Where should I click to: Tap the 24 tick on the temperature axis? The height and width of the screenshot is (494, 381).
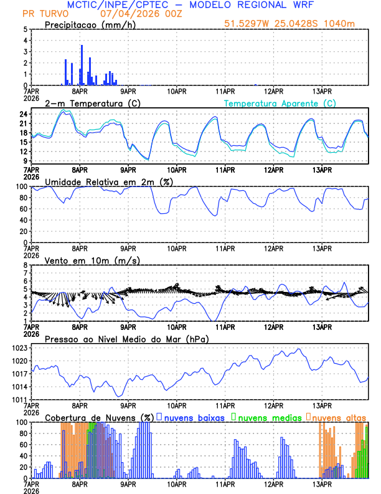click(x=23, y=115)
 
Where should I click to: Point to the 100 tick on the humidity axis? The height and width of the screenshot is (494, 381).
click(x=21, y=186)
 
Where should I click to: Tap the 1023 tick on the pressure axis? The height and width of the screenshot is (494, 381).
click(x=19, y=348)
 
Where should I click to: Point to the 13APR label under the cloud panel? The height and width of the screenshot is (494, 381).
click(x=322, y=483)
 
